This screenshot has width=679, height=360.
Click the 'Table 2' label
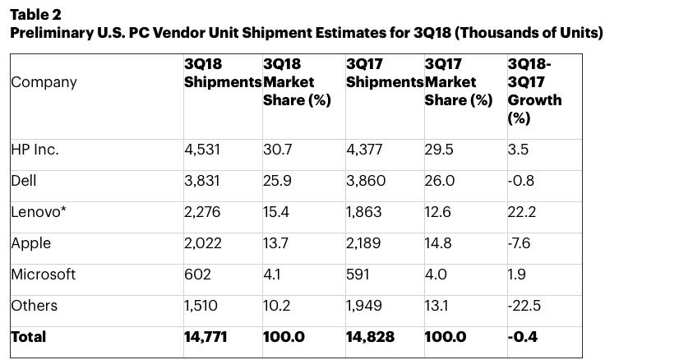(x=35, y=15)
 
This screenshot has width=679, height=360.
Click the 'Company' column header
(x=44, y=82)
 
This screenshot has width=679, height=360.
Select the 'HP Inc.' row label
(x=35, y=150)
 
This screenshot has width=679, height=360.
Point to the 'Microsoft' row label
(x=43, y=274)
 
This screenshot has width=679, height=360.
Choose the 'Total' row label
(x=29, y=336)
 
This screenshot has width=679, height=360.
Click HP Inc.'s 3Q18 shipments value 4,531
(x=204, y=150)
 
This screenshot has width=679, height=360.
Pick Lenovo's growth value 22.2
(x=523, y=212)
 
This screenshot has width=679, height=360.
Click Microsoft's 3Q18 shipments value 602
(x=198, y=274)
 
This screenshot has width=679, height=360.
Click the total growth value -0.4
(x=523, y=336)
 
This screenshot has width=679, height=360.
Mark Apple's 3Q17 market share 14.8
(x=439, y=243)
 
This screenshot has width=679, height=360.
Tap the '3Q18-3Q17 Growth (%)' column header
(x=534, y=90)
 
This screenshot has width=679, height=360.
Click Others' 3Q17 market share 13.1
(x=437, y=305)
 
